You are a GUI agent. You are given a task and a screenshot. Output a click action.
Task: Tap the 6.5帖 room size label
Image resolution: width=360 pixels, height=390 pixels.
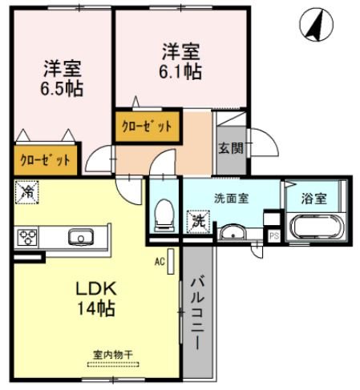click(x=62, y=87)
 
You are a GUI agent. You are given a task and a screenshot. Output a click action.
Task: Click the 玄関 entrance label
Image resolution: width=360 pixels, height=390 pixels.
click(x=228, y=147)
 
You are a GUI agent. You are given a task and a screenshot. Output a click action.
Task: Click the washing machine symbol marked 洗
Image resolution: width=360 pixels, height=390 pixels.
click(x=197, y=221)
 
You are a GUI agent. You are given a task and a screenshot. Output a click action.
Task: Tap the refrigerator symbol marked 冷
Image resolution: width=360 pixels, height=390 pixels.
click(x=27, y=192)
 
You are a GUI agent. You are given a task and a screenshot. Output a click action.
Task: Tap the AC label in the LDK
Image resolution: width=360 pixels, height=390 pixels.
click(x=159, y=262)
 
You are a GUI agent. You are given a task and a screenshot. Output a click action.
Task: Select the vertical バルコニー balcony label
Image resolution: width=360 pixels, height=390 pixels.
click(x=197, y=313)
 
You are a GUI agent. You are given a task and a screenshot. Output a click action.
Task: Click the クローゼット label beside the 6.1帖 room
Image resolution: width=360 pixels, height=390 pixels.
click(x=146, y=127)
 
